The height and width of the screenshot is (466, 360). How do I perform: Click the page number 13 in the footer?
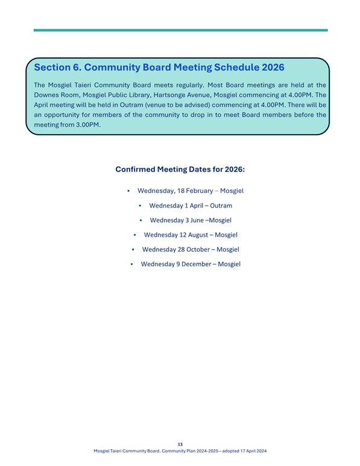(x=180, y=444)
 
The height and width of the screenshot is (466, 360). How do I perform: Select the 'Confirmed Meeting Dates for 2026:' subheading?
(x=180, y=170)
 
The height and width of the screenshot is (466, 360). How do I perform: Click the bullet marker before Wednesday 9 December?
(x=131, y=264)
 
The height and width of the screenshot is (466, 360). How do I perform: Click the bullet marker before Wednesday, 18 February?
(x=129, y=191)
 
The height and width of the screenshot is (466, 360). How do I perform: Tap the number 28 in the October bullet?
(x=183, y=249)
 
